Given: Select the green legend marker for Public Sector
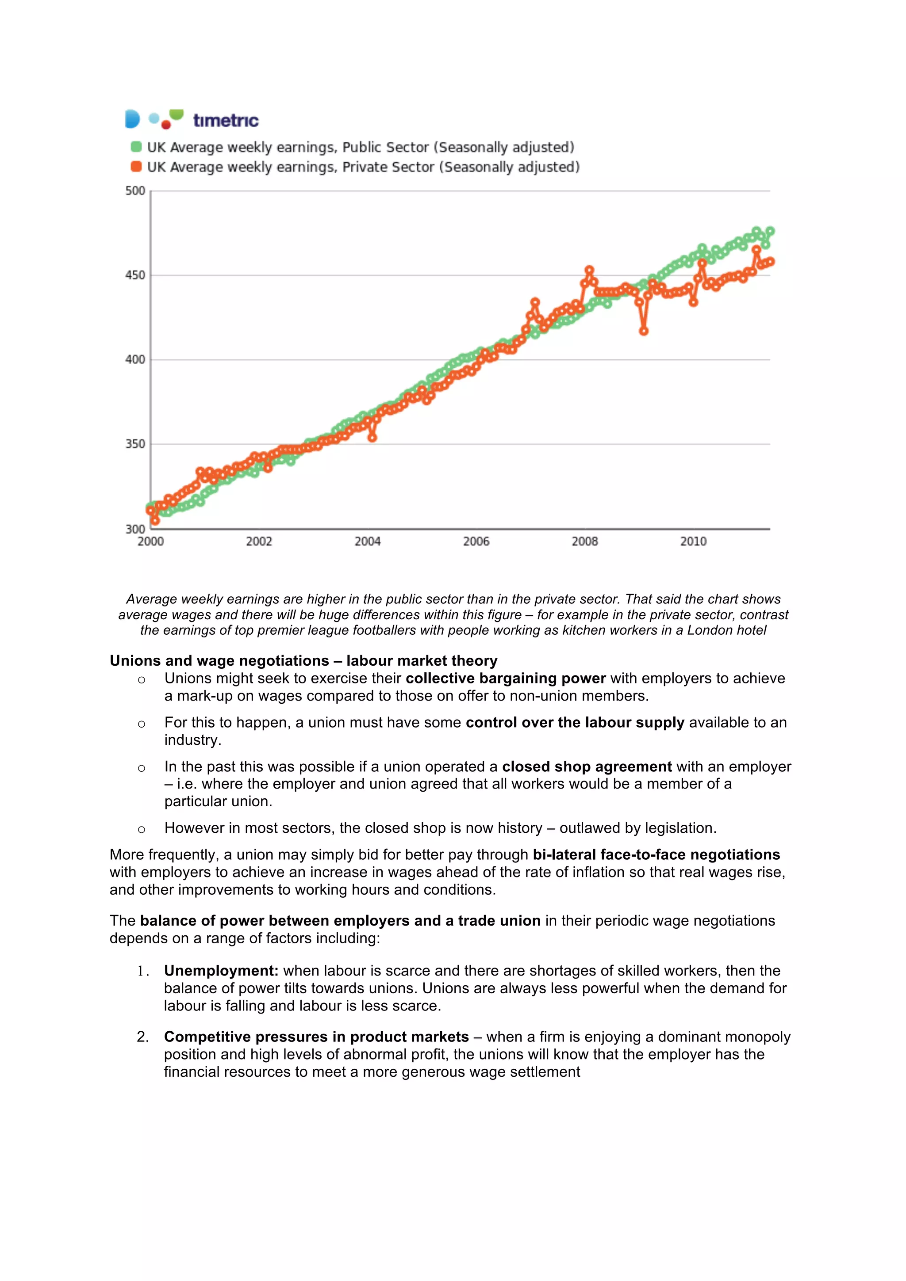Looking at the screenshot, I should [x=136, y=147].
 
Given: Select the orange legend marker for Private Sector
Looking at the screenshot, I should [x=136, y=167].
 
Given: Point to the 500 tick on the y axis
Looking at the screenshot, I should [x=135, y=191].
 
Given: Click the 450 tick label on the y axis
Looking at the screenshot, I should [x=135, y=275].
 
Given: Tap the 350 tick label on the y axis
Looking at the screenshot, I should [x=135, y=444].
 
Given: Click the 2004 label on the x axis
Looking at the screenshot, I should [x=367, y=541].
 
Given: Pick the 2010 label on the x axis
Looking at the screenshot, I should [x=693, y=541].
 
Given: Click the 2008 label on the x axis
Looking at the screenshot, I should [x=584, y=541].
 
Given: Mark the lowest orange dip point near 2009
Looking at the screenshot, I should [x=644, y=331].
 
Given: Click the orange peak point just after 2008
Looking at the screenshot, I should [x=589, y=270].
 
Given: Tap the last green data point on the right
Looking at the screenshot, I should [x=770, y=231].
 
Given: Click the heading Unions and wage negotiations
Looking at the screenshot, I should [x=303, y=660].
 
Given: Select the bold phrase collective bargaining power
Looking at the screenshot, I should [x=505, y=679].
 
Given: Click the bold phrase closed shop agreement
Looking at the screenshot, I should [x=587, y=766].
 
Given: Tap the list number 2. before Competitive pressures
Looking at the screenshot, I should [x=143, y=1037].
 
